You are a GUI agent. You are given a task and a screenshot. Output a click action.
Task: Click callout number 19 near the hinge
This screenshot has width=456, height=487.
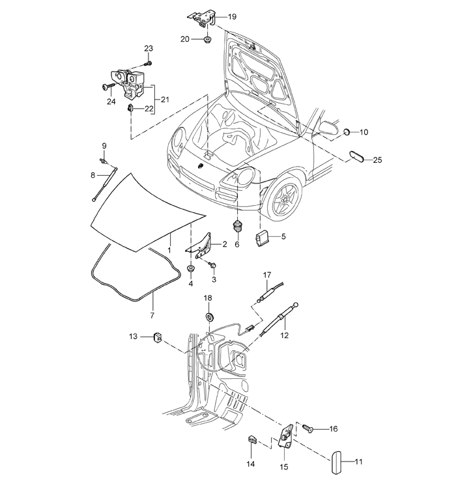coord(232,16)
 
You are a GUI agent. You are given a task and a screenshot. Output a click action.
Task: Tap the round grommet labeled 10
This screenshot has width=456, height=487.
coord(347,132)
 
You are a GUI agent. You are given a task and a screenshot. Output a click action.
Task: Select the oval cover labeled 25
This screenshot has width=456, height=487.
coord(358,156)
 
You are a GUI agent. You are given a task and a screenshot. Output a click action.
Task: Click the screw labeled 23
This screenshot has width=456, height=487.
coord(149,64)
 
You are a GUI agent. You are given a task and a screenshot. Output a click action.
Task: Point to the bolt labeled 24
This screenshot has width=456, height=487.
coord(107,87)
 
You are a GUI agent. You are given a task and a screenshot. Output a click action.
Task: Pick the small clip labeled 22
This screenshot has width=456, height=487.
coord(130,108)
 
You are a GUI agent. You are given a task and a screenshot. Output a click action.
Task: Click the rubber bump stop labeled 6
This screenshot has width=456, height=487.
coord(238,227)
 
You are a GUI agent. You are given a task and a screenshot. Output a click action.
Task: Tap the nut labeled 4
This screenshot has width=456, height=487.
coord(191,268)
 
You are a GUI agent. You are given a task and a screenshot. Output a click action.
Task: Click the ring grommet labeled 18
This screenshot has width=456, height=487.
coord(210,318)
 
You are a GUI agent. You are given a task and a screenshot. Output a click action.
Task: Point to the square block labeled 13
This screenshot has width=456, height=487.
coord(157,337)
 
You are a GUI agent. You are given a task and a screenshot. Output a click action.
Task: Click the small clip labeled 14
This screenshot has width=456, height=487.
coord(252,439)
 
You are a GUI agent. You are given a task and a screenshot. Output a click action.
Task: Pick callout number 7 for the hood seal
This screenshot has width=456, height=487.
coord(152,316)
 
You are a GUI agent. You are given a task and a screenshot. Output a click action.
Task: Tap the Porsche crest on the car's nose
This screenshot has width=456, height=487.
coord(200,166)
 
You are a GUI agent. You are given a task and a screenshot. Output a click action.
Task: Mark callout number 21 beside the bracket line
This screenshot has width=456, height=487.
coord(165,100)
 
